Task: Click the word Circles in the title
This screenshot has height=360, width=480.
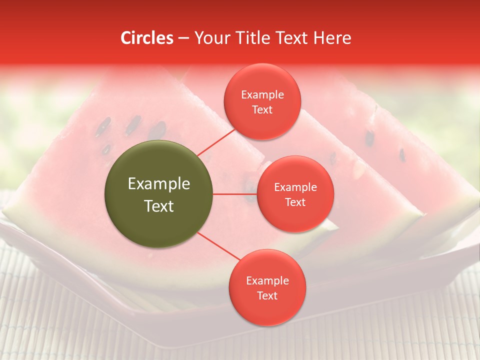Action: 147,38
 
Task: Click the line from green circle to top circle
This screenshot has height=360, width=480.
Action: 216,141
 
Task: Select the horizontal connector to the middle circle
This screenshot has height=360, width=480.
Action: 234,194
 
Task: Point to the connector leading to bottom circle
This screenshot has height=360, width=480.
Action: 218,246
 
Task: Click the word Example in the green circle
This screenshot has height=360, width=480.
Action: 159,184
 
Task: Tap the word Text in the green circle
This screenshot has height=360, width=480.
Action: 159,206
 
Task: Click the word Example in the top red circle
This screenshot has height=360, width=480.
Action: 262,95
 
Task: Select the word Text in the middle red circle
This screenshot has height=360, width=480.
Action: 295,202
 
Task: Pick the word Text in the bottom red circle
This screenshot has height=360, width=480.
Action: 267,295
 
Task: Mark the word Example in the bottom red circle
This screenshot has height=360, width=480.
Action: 267,280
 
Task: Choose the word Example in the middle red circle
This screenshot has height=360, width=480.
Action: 295,187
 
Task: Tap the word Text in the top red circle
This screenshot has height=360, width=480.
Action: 262,109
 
